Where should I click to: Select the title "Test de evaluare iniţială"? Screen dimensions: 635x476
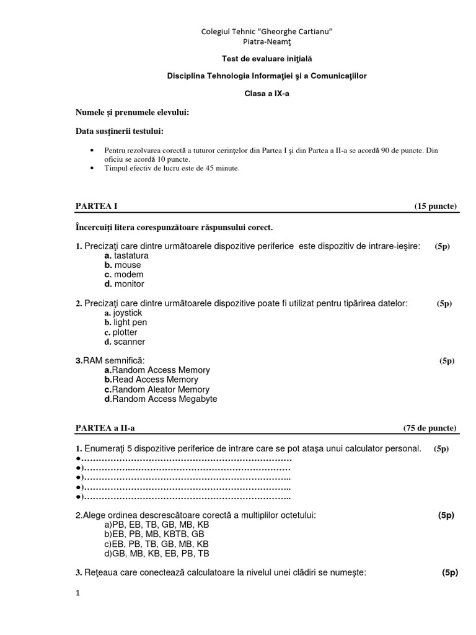pos(267,59)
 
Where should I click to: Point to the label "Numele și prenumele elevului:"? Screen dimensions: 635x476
pos(133,112)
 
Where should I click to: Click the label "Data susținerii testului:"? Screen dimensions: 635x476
pos(120,131)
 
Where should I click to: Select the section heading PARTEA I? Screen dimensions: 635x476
pos(96,206)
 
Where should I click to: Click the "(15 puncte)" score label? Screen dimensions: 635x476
pos(436,206)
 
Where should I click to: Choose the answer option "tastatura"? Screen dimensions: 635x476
pos(131,255)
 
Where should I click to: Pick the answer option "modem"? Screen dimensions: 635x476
pos(128,275)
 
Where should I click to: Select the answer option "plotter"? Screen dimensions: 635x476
pos(125,332)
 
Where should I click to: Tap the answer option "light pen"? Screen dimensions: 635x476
pos(130,322)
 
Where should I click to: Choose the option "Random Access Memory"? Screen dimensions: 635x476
pos(161,370)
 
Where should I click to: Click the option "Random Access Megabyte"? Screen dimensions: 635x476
pos(164,399)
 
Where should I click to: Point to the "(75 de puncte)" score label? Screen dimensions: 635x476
pos(430,428)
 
